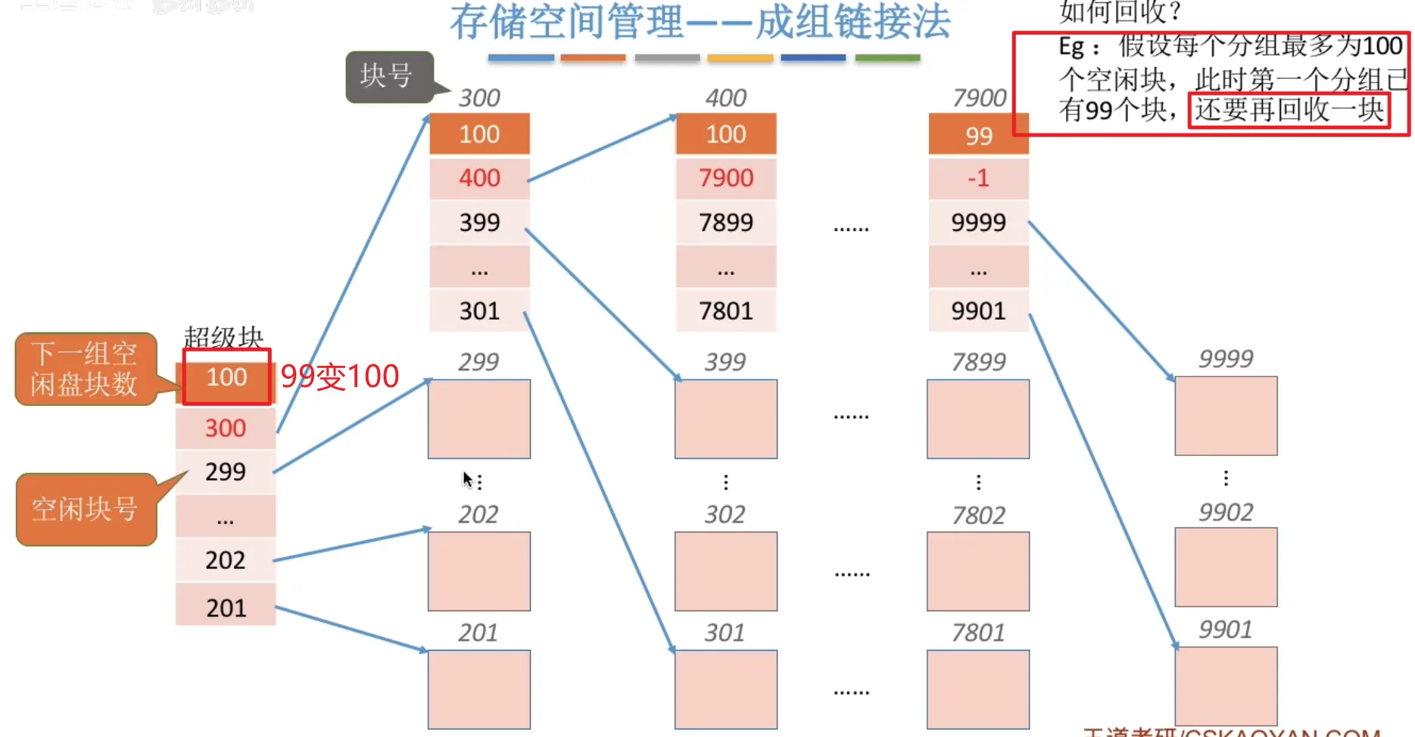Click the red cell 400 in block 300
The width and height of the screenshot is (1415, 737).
(x=479, y=178)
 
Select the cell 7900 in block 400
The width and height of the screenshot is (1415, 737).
(x=726, y=178)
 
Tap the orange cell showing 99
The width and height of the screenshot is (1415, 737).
(x=978, y=136)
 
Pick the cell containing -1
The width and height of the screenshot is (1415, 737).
(x=978, y=178)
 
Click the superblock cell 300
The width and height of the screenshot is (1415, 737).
(x=226, y=428)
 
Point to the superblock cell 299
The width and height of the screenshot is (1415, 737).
(x=226, y=472)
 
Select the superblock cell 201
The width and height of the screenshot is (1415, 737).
(x=226, y=607)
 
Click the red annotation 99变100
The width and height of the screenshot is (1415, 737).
(x=340, y=376)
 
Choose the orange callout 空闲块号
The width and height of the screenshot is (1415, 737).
(x=85, y=509)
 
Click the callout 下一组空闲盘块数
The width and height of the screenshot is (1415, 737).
(x=85, y=369)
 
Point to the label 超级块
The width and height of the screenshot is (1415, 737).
(x=223, y=337)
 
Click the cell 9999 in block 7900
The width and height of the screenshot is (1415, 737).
(x=978, y=223)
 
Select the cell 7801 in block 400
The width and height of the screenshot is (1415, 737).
(x=726, y=311)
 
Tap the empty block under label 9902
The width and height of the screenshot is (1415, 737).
(x=1226, y=567)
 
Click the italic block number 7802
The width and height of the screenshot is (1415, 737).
(x=978, y=515)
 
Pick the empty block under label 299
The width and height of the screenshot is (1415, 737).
(x=479, y=419)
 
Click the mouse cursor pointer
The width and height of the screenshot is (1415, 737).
(x=467, y=479)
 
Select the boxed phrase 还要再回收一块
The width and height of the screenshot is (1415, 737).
(x=1289, y=111)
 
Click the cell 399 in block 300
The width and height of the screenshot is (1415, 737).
(x=479, y=223)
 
